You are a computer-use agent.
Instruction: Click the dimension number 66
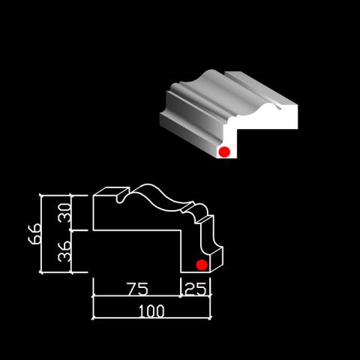click(34, 234)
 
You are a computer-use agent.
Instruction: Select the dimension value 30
click(64, 213)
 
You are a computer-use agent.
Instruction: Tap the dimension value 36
click(64, 251)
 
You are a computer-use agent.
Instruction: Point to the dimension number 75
click(137, 289)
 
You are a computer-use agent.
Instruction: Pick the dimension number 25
click(196, 289)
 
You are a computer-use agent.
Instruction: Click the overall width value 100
click(151, 311)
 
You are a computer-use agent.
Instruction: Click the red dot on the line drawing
click(202, 265)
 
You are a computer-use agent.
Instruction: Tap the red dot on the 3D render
click(224, 152)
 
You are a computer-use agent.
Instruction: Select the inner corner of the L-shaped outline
click(181, 230)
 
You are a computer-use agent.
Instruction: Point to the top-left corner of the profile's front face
click(93, 196)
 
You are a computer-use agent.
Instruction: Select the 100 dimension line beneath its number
click(151, 318)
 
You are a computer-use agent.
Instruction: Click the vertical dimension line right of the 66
click(41, 234)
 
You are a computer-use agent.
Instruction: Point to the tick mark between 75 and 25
click(181, 295)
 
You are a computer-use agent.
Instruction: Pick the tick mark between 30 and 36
click(71, 230)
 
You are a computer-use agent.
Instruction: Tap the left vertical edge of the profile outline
click(93, 213)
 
